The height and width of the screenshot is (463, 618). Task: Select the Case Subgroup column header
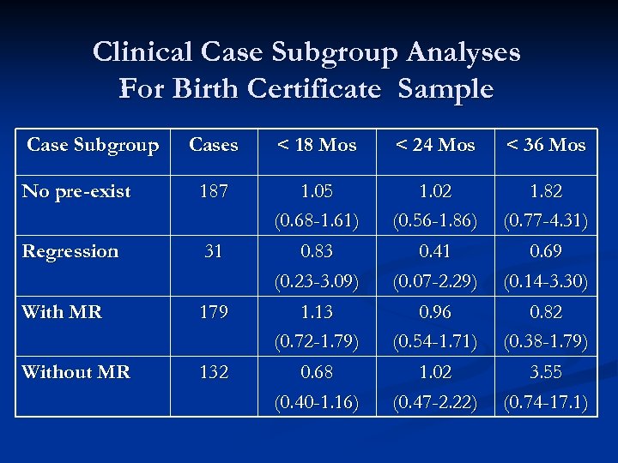click(93, 145)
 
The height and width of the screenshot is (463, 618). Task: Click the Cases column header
click(214, 145)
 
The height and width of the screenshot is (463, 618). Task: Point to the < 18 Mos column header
click(317, 145)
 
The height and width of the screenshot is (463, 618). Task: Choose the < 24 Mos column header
click(435, 145)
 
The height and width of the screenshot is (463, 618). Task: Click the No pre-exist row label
click(76, 191)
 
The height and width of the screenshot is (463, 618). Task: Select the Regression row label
click(70, 251)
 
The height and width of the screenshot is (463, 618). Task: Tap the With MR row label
click(62, 312)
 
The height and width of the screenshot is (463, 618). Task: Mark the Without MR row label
click(76, 372)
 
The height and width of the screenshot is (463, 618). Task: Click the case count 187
click(214, 191)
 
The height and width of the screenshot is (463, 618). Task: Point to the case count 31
click(214, 251)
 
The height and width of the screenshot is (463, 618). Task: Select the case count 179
click(214, 312)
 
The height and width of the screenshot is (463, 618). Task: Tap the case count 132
click(214, 372)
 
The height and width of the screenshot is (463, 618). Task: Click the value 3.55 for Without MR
click(546, 372)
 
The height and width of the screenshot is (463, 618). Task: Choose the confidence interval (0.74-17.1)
click(546, 402)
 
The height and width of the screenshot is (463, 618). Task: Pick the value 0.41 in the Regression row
click(435, 251)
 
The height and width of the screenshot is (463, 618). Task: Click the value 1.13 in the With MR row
click(317, 312)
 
